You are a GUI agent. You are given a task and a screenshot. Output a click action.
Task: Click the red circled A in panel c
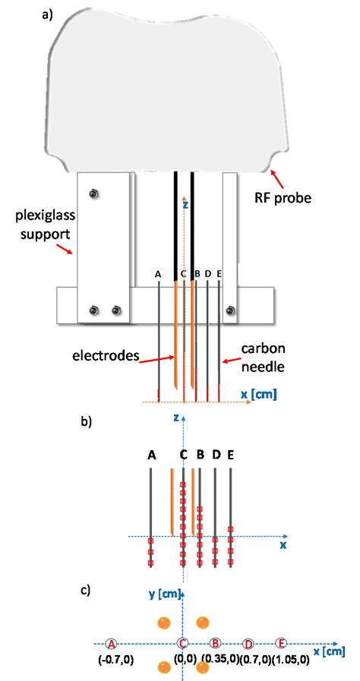(x=112, y=643)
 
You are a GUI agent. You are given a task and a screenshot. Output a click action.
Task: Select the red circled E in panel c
(x=281, y=643)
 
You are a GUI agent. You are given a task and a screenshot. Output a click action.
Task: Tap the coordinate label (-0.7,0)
(x=116, y=660)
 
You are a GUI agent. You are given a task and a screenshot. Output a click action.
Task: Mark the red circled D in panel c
(x=248, y=643)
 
